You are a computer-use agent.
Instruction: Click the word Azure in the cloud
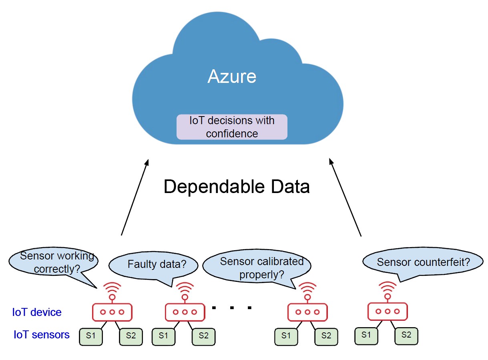click(232, 76)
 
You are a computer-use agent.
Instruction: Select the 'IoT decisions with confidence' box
click(232, 127)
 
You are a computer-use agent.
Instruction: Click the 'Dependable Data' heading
click(237, 187)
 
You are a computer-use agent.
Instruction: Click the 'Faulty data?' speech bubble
click(154, 265)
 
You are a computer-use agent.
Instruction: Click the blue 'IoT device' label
click(37, 312)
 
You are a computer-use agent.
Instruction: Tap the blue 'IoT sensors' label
click(42, 335)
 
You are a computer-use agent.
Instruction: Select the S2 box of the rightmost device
click(406, 336)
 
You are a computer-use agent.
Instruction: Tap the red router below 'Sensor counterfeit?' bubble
click(388, 311)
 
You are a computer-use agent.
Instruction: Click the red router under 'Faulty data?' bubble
click(185, 312)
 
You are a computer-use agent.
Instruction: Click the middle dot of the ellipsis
click(232, 308)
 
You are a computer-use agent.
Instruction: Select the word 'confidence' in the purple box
click(232, 133)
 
